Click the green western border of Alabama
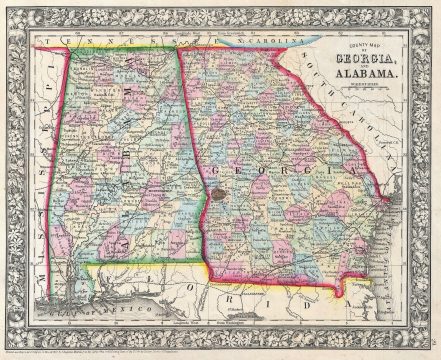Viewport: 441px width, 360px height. (70, 180)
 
